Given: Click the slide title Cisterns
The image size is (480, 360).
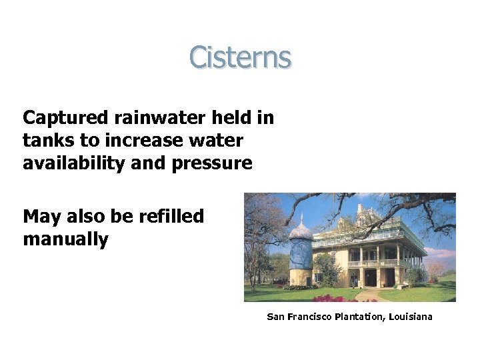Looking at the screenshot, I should click(x=240, y=57).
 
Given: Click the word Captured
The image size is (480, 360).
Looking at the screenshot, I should click(x=64, y=119).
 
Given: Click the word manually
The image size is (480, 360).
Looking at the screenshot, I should click(x=65, y=239).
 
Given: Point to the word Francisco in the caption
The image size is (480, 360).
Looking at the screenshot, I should click(x=308, y=317).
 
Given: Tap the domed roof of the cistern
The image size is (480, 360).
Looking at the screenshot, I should click(x=300, y=232).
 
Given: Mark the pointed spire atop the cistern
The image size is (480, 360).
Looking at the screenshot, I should click(x=301, y=217).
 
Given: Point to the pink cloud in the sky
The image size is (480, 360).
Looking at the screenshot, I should click(x=440, y=253).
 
